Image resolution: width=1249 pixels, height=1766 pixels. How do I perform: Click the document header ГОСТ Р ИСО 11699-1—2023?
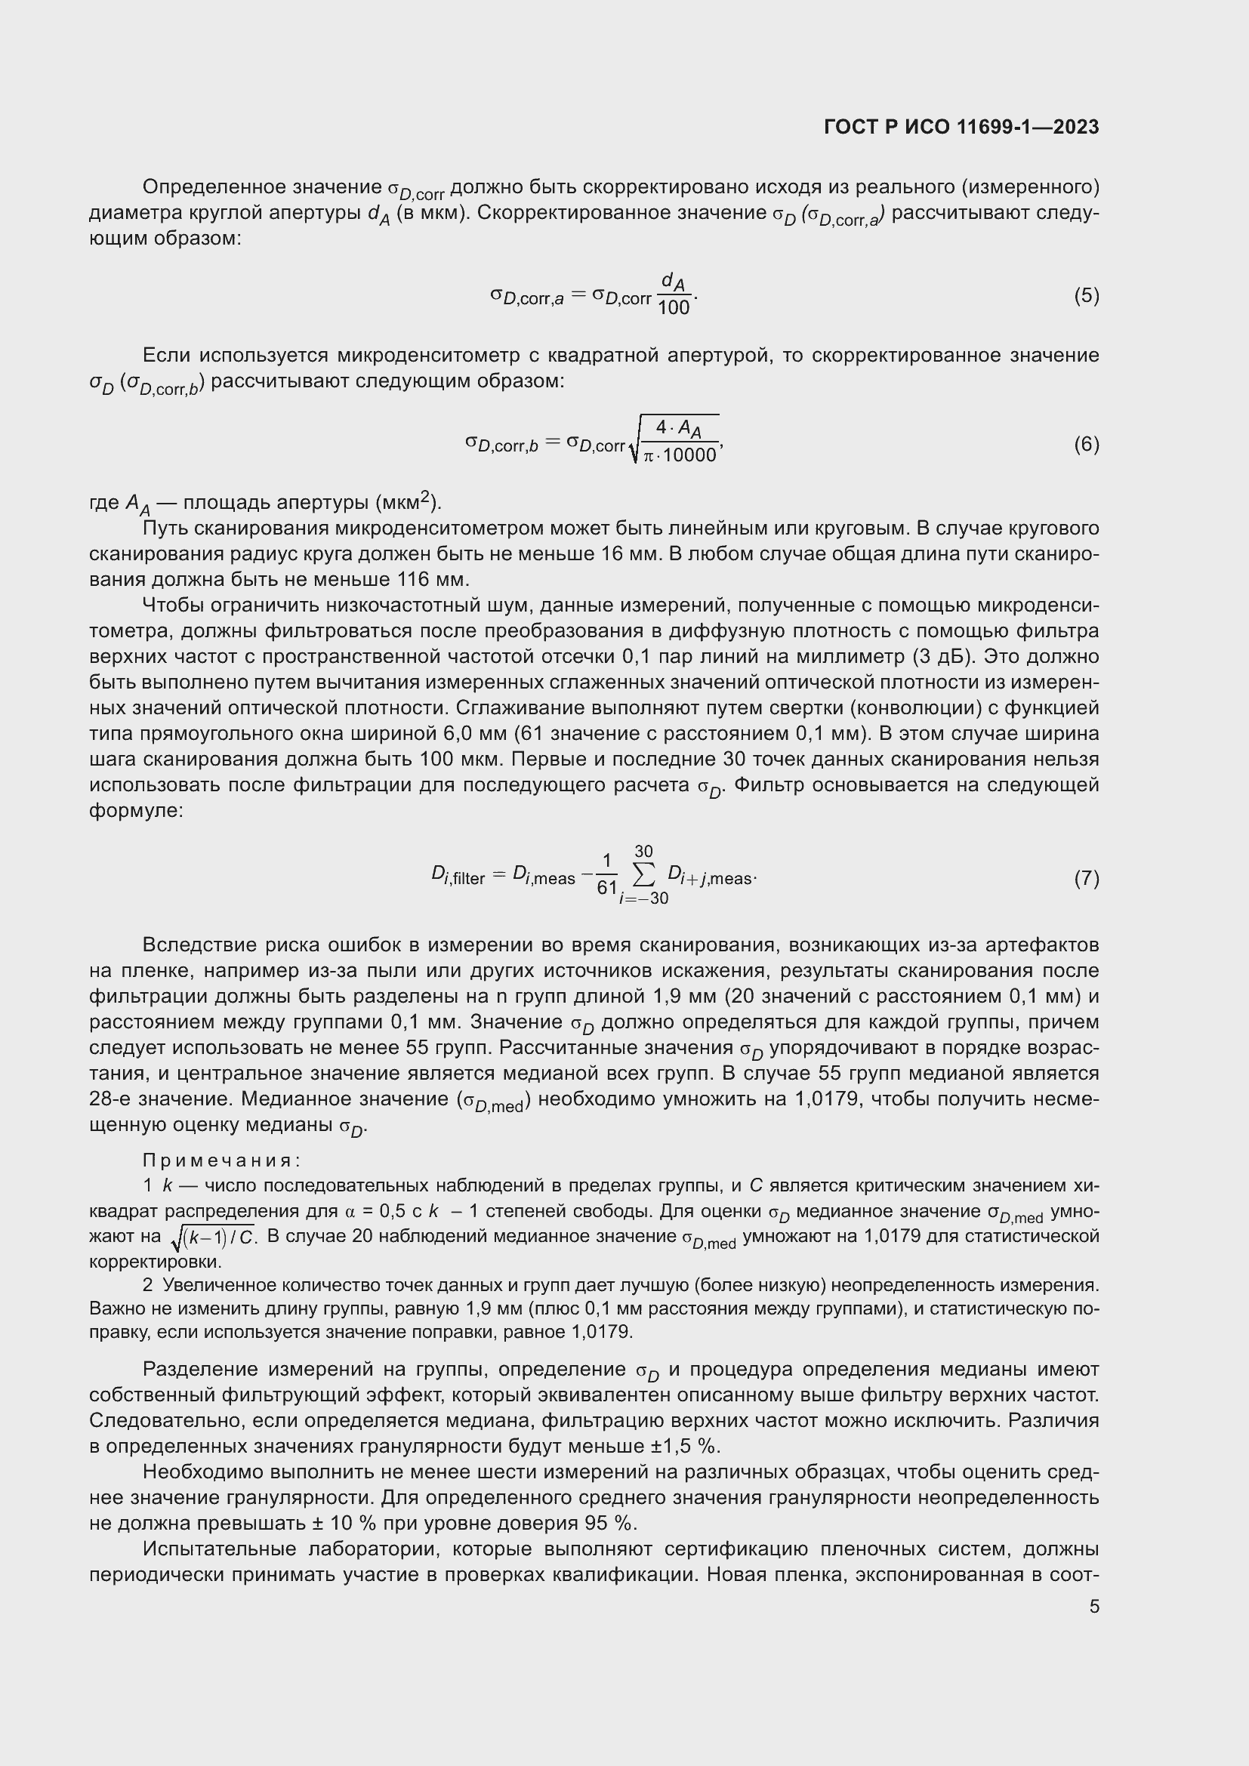pyautogui.click(x=961, y=128)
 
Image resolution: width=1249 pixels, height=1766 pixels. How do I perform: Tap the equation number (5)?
pyautogui.click(x=1086, y=296)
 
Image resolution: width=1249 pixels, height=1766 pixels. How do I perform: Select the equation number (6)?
pyautogui.click(x=1086, y=445)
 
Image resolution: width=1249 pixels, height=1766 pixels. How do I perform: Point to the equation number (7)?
pyautogui.click(x=1086, y=878)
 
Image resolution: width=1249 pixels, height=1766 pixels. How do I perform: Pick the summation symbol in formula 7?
pyautogui.click(x=643, y=874)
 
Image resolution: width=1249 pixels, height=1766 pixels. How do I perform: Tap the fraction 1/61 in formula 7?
pyautogui.click(x=607, y=874)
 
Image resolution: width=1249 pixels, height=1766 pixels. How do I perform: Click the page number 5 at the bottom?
pyautogui.click(x=1093, y=1607)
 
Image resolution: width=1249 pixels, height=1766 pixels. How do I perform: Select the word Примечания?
pyautogui.click(x=221, y=1160)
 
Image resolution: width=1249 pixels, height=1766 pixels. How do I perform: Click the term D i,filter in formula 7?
pyautogui.click(x=458, y=876)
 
